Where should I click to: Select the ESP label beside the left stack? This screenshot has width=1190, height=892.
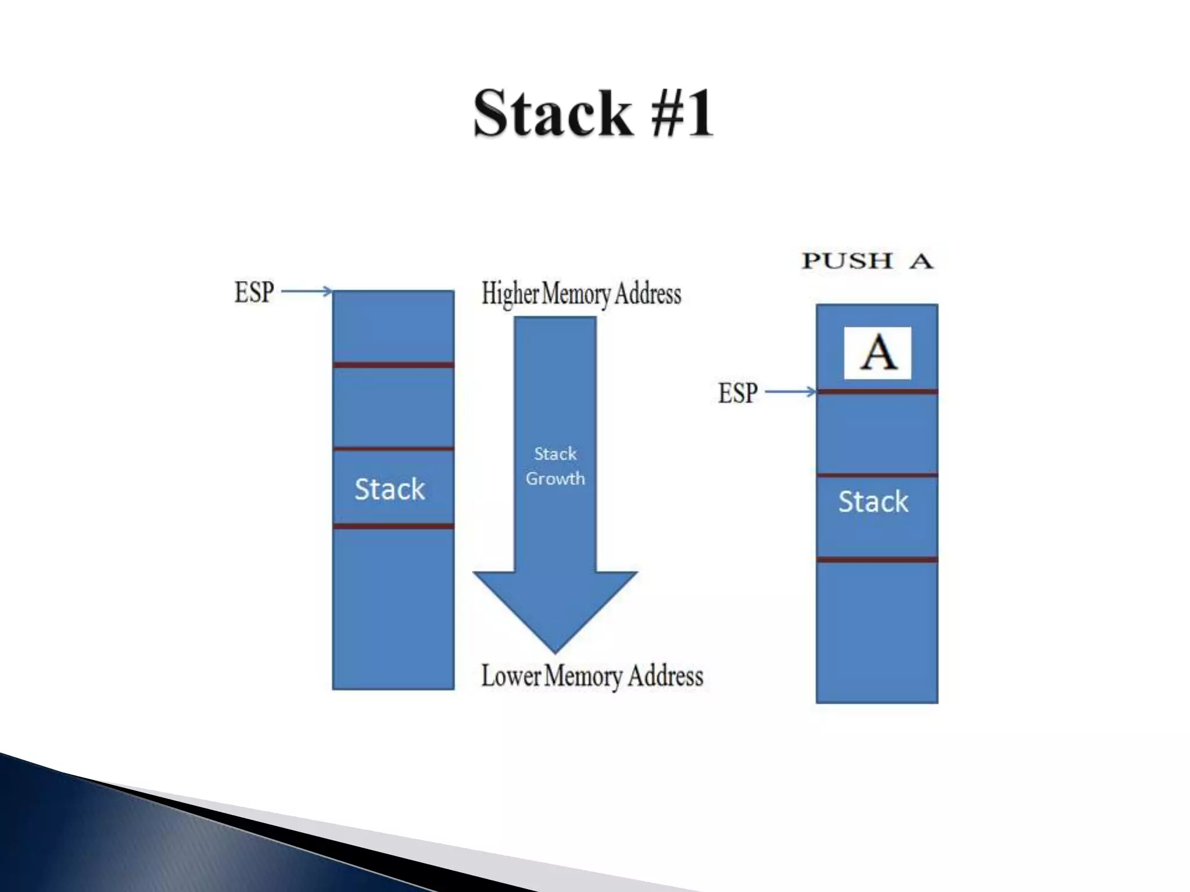tap(254, 292)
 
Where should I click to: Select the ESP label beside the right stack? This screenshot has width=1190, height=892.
tap(737, 393)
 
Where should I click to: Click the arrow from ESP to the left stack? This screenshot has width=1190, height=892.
tap(307, 291)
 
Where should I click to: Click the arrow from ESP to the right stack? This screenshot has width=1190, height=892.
tap(790, 392)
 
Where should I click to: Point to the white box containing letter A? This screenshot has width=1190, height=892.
tap(877, 353)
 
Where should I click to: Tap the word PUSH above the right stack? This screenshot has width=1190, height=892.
tap(847, 261)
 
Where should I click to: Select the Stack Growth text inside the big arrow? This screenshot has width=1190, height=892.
tap(555, 466)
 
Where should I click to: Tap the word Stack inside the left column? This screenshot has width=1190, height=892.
tap(389, 489)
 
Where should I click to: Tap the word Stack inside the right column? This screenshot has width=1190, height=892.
tap(873, 501)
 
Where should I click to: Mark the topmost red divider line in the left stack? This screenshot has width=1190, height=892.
tap(393, 365)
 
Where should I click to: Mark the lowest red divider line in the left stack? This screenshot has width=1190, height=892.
tap(393, 526)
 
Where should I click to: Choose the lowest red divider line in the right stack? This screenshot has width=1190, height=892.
tap(877, 559)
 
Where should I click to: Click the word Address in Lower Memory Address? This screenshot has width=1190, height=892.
tap(665, 676)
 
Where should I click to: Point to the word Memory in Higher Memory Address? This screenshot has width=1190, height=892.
tap(576, 294)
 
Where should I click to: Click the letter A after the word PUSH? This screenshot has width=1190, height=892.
tap(921, 261)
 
